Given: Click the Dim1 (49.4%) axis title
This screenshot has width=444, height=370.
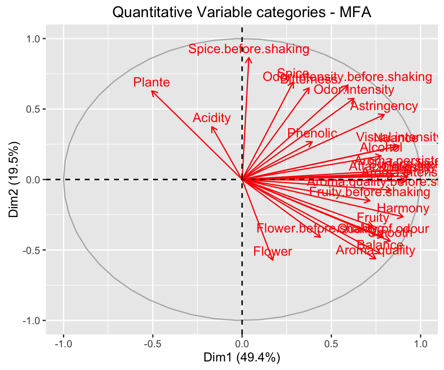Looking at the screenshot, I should coord(242,356).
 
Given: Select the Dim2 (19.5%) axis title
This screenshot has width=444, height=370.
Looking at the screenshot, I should coord(14,179).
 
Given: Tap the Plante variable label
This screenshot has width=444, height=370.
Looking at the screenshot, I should coord(151,82).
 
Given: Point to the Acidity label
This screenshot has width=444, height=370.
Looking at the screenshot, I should coord(212,118).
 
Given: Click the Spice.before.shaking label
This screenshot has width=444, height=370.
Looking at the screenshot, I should coord(249,49).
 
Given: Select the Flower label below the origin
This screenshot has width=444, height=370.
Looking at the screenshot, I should coord(273,251).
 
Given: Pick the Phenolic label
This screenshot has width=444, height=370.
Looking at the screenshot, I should coord(312,133).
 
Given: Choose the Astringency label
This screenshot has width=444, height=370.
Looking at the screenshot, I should coord(384,106).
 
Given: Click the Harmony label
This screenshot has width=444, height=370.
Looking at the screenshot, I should coord(403,209).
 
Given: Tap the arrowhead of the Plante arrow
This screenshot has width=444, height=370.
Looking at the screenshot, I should coord(152,91).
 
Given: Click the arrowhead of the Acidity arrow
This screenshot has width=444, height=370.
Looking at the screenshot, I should coord(212,127).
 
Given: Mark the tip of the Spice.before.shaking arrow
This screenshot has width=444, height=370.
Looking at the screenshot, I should coord(249,58).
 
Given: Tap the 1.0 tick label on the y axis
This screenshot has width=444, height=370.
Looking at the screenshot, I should coord(34,39).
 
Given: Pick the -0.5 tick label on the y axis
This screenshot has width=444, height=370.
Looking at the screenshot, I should coord(32,250).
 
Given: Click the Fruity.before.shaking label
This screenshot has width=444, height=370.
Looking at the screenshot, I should coord(369,192).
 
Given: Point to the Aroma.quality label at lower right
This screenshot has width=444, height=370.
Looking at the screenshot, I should coord(375,250).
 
